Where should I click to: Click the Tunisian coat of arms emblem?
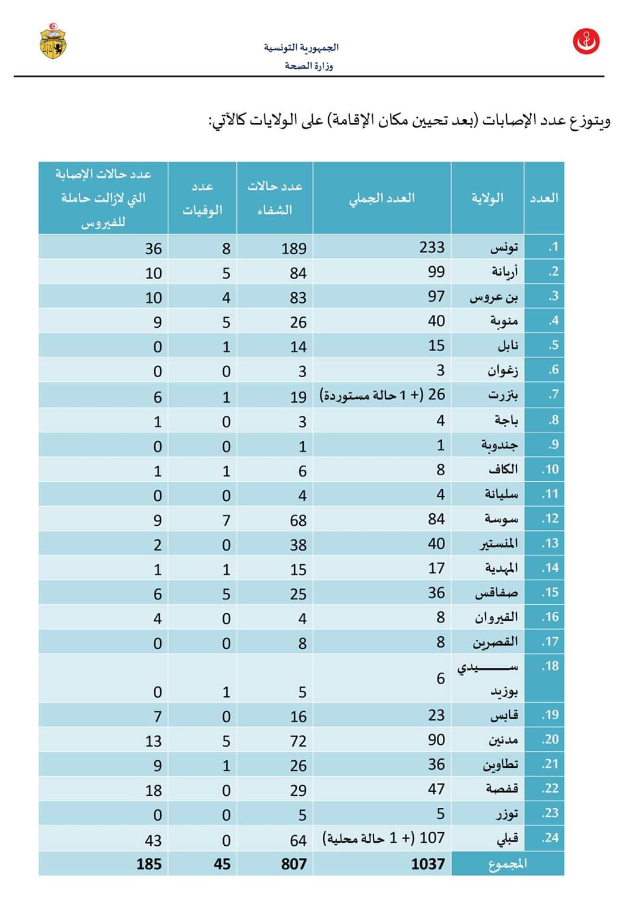[53, 41]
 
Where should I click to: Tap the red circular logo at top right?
[586, 42]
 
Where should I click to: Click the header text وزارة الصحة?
[309, 65]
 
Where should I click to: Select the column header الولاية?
[487, 198]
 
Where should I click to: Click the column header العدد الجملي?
[382, 198]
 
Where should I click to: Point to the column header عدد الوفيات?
[202, 198]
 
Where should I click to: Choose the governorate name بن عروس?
[494, 296]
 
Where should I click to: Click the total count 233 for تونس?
[431, 247]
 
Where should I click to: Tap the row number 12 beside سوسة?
[550, 519]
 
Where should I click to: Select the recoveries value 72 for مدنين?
[298, 741]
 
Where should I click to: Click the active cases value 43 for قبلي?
[153, 840]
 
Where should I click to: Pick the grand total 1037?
[427, 864]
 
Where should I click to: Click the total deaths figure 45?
[222, 864]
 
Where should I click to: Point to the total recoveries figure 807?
[294, 864]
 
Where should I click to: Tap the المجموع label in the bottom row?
[507, 864]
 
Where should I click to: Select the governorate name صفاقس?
[496, 593]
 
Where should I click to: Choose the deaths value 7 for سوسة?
[226, 520]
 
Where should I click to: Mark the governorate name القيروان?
[496, 618]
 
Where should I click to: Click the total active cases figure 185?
[149, 864]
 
